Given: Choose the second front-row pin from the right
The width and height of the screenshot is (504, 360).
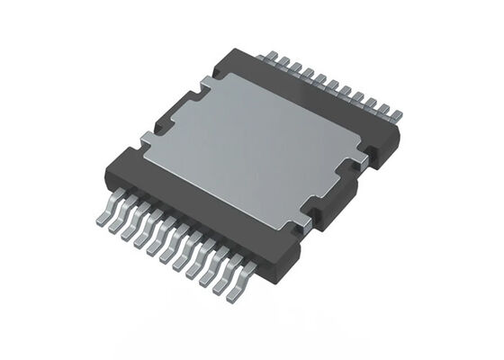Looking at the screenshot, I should pos(227,282).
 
